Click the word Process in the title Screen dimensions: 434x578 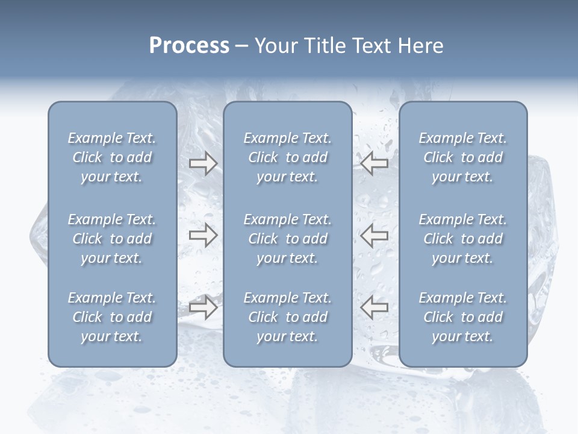pyautogui.click(x=189, y=46)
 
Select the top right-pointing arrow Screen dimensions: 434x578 pyautogui.click(x=203, y=163)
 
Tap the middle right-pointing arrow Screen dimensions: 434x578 pyautogui.click(x=203, y=235)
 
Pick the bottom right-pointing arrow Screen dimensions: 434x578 pyautogui.click(x=203, y=307)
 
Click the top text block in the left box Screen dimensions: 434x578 pyautogui.click(x=112, y=157)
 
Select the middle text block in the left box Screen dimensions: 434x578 pyautogui.click(x=112, y=239)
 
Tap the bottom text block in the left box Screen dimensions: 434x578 pyautogui.click(x=112, y=317)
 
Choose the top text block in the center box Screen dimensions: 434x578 pyautogui.click(x=288, y=157)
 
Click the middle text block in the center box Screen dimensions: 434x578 pyautogui.click(x=288, y=239)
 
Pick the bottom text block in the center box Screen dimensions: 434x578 pyautogui.click(x=288, y=317)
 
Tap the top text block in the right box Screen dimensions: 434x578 pyautogui.click(x=463, y=157)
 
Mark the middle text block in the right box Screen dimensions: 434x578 pyautogui.click(x=463, y=239)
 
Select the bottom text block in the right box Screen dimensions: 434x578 pyautogui.click(x=463, y=317)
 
